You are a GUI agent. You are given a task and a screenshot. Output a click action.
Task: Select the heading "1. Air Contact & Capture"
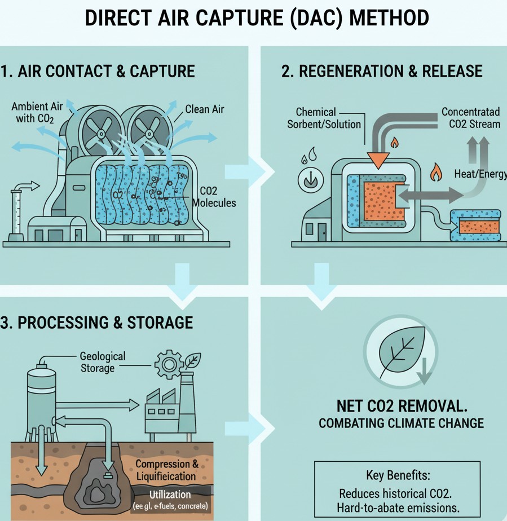tap(98, 72)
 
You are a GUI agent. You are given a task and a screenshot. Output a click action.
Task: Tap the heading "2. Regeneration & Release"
tap(382, 72)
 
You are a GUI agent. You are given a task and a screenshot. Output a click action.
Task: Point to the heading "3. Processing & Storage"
tap(97, 323)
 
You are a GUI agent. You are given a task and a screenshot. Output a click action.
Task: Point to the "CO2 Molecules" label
tap(214, 197)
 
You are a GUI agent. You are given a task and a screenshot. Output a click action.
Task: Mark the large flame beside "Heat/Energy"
tap(435, 172)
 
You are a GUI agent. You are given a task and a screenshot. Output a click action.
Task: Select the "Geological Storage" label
tap(103, 362)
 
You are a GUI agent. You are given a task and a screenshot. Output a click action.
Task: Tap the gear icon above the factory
tap(167, 365)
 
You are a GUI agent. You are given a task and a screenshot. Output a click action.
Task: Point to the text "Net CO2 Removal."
tap(401, 406)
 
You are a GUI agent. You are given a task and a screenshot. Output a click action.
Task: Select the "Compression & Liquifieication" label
tap(167, 470)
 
